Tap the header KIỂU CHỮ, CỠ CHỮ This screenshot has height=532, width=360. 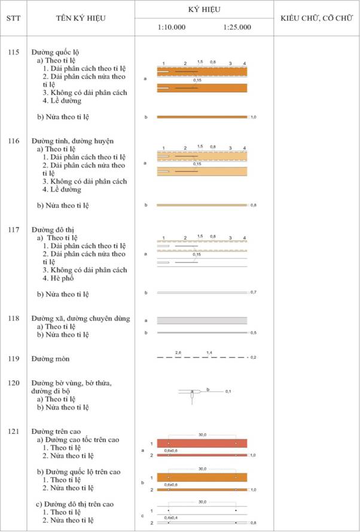point(316,19)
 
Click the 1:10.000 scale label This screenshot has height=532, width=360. point(172,27)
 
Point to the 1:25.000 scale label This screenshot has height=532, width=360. point(237,27)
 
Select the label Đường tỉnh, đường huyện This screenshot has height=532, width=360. point(72,140)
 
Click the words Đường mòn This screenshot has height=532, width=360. point(51,359)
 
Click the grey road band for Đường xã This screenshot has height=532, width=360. point(202,320)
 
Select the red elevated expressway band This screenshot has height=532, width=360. point(202,444)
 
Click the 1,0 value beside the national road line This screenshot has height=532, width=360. point(254,118)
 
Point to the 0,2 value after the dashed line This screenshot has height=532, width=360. point(254,357)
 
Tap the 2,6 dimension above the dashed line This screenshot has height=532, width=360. point(178,353)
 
